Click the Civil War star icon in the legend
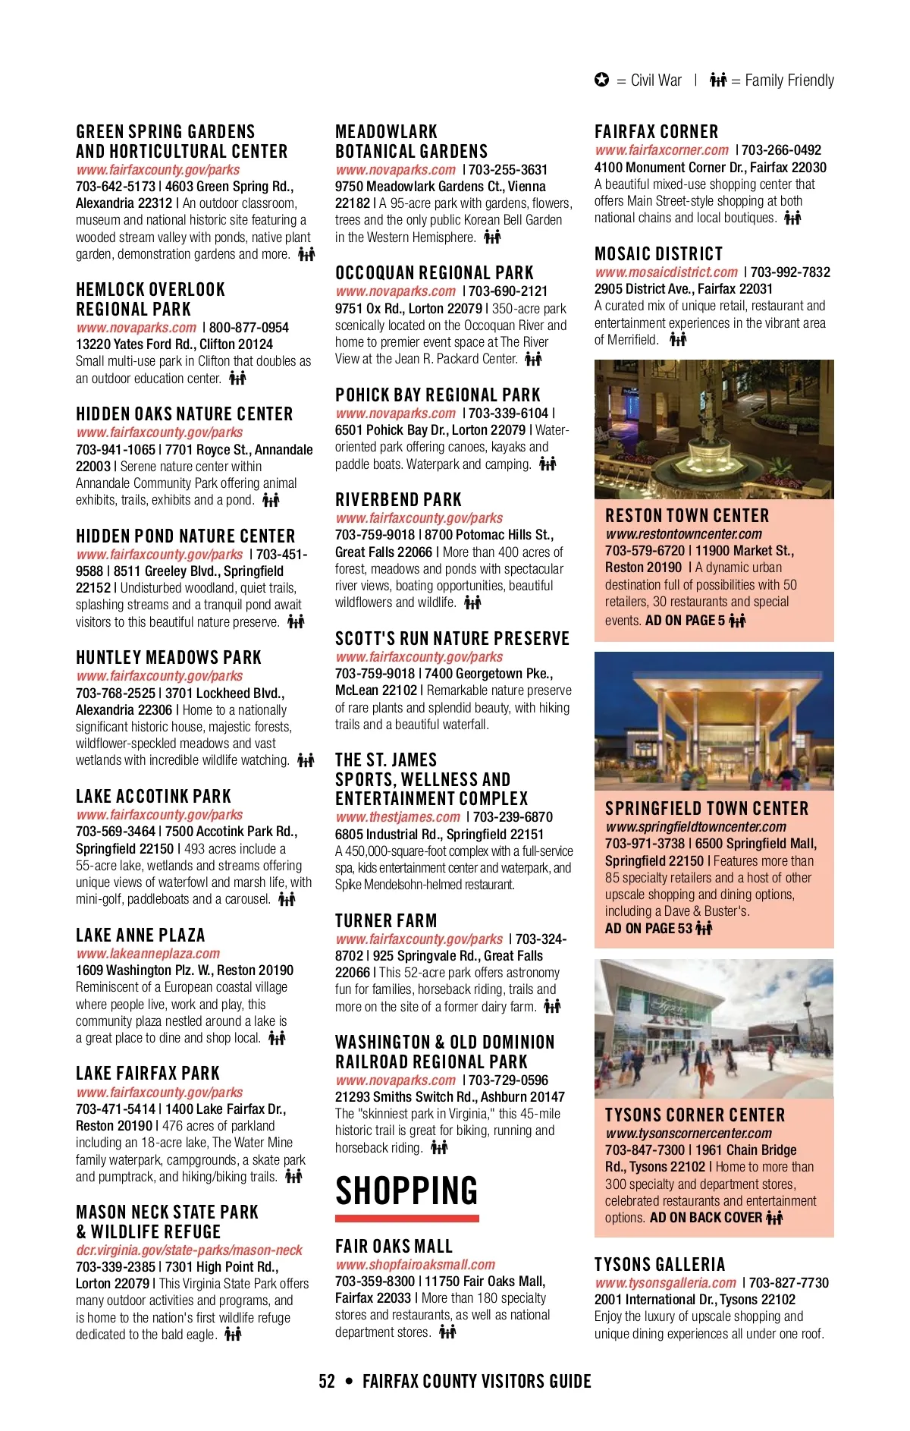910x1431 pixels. (601, 80)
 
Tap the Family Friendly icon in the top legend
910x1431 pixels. (717, 80)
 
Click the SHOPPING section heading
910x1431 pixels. (406, 1190)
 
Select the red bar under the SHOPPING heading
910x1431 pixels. (406, 1219)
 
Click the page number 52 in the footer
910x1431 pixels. (327, 1381)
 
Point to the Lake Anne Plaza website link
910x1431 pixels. (148, 953)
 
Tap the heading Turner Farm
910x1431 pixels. (386, 920)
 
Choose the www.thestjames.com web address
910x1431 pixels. (397, 816)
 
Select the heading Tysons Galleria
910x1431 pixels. (660, 1264)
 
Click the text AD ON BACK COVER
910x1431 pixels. (705, 1218)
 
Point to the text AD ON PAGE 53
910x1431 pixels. (648, 928)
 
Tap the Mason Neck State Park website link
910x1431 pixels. (189, 1250)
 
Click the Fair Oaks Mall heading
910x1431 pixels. (394, 1246)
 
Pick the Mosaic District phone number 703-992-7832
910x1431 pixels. (790, 272)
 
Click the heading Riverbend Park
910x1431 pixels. (398, 499)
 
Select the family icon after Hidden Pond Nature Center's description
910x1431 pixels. (296, 621)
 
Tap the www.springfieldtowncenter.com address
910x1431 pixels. (695, 826)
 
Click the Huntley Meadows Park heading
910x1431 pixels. (168, 657)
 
